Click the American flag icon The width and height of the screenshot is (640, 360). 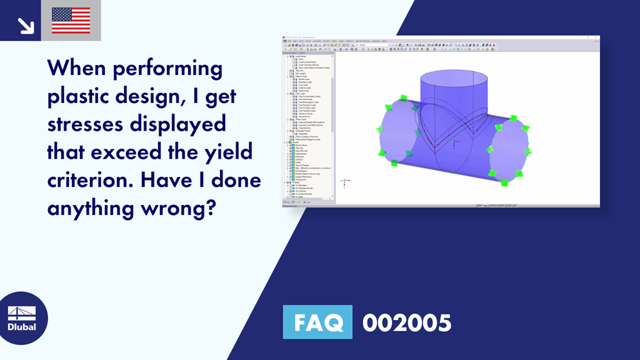coord(71,20)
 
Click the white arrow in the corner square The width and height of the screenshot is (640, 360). coord(25,24)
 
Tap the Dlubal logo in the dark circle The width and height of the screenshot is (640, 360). coord(21,318)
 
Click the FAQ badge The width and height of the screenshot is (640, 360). coord(317,322)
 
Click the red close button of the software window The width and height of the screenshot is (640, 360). coord(596,38)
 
